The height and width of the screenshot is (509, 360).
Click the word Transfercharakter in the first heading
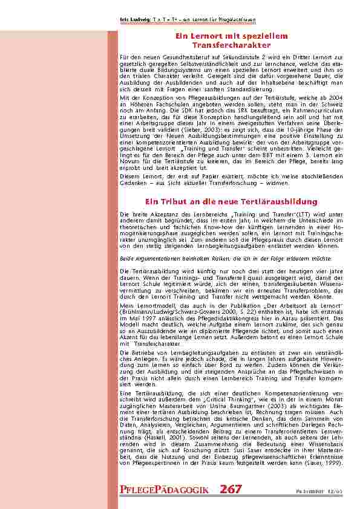[222, 45]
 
